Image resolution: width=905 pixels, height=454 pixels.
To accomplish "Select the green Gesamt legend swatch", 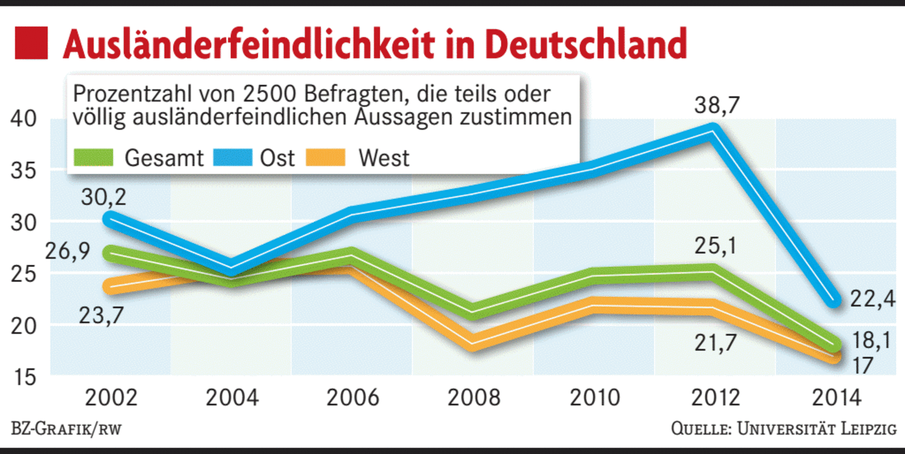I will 94,157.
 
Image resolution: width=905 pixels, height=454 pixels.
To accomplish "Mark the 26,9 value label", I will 68,252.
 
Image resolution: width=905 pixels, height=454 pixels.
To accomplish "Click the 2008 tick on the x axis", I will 474,398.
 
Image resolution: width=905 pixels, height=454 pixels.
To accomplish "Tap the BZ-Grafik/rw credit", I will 66,430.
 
